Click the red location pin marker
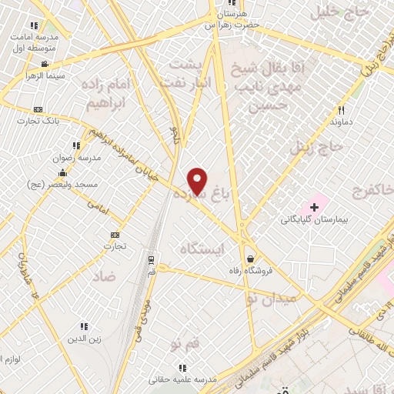pos(198,180)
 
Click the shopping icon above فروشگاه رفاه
pos(251,259)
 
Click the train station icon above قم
pos(151,259)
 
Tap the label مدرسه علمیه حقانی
pos(182,381)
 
